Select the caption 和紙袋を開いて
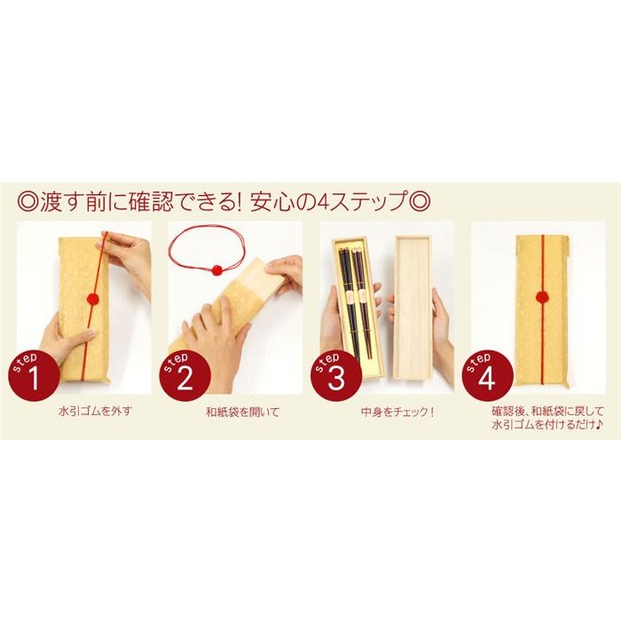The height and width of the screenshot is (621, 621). [235, 413]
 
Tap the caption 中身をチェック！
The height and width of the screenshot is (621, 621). [385, 413]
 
